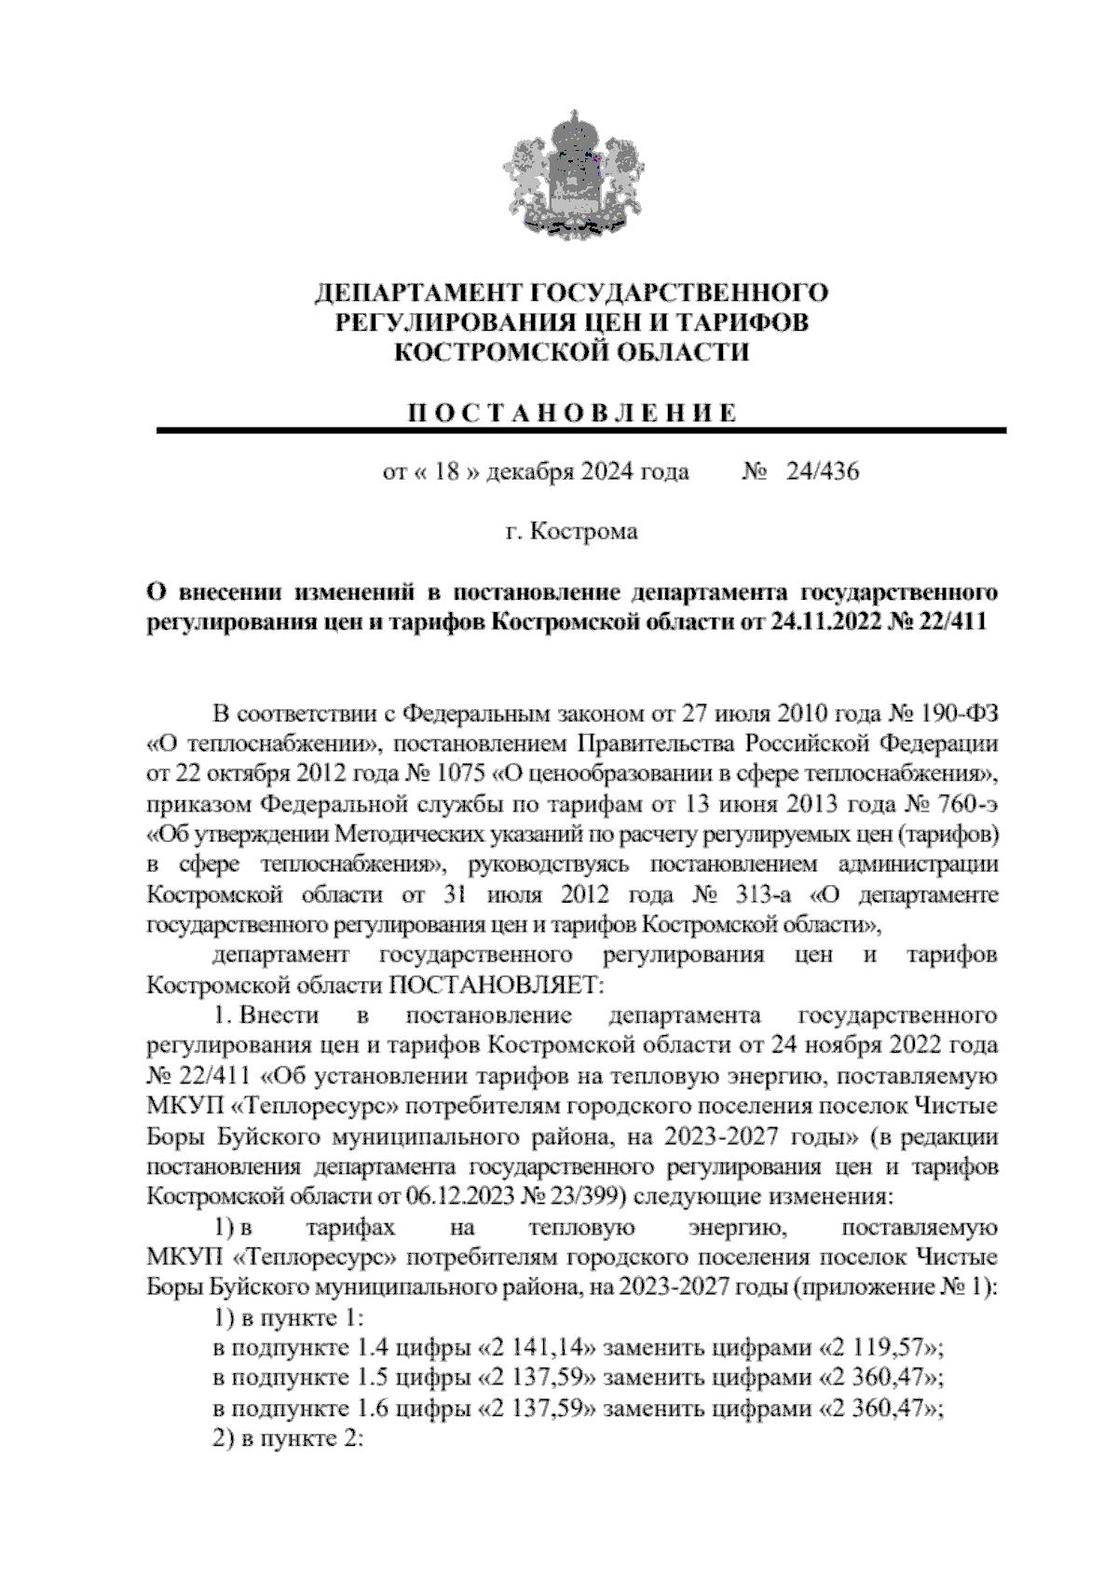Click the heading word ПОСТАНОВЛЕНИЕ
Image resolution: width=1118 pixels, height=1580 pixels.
click(x=572, y=413)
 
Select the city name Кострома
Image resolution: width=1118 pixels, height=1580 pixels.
click(x=584, y=532)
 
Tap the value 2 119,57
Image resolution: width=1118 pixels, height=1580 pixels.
click(x=876, y=1349)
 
